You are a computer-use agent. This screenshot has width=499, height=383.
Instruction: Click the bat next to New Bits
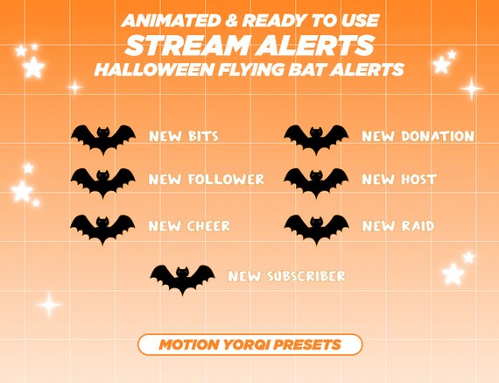tap(103, 138)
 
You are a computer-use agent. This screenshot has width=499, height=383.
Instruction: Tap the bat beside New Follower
tap(103, 181)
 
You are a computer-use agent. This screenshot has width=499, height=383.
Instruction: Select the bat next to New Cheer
tap(103, 227)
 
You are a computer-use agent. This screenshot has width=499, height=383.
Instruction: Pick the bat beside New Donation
tap(316, 138)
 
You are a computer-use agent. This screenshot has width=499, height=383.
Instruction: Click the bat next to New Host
tap(316, 181)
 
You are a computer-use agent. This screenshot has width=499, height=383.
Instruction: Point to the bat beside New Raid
tap(316, 227)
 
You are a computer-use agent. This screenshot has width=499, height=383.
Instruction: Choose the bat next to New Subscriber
tap(182, 278)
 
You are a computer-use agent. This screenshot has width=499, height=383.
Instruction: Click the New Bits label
tap(184, 137)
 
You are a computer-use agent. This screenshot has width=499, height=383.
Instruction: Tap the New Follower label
tap(207, 180)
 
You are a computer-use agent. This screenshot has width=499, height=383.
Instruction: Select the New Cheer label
tap(189, 226)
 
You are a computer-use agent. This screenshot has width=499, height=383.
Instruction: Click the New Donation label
tap(418, 137)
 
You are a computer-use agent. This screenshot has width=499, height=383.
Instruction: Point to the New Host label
tap(399, 180)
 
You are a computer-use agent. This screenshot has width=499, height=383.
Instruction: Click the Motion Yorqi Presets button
tap(249, 344)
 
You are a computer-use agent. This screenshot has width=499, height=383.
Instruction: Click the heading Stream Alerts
tap(249, 45)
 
